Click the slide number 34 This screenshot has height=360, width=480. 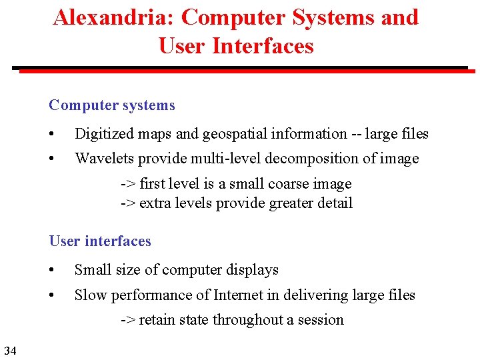tap(9, 350)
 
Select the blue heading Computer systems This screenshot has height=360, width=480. tap(112, 105)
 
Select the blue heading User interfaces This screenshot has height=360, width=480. tap(100, 241)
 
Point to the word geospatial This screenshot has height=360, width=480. tap(235, 134)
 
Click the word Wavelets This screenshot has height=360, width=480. tap(102, 159)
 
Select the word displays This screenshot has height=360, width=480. tap(253, 271)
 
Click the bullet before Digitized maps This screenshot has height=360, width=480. tap(53, 134)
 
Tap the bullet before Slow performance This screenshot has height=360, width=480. tap(53, 295)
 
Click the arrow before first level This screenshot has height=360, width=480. tap(128, 184)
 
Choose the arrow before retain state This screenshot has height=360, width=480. tap(128, 320)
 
